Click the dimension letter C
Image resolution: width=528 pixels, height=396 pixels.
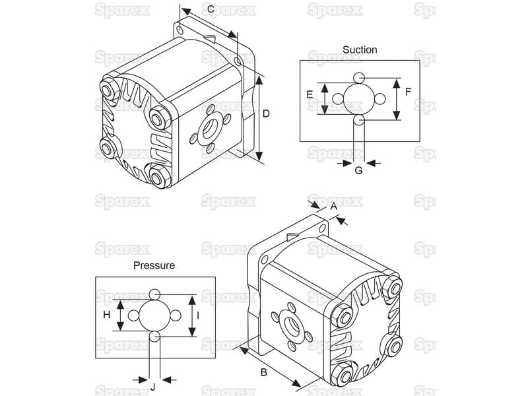point(211,9)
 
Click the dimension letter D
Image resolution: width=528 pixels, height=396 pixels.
point(266,114)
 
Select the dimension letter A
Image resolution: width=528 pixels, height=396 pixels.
point(333,206)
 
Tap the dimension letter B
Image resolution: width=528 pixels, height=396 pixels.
point(264,372)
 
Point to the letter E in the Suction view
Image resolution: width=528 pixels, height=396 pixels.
point(310,94)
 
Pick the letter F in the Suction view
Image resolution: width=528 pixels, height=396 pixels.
point(408,92)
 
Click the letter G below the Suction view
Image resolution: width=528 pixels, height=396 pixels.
point(359,170)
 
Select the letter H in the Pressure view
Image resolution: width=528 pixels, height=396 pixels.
point(107,315)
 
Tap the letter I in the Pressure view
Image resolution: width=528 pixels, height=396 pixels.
point(198,315)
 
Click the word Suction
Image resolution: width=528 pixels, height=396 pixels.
point(360,49)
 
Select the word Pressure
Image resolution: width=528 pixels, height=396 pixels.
point(154,265)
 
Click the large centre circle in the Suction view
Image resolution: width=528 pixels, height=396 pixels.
point(359,98)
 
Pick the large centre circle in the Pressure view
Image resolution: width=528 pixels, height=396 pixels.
point(155,315)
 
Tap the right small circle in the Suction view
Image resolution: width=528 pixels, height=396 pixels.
point(380,99)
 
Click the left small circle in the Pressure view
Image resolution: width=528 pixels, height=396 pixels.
point(134,315)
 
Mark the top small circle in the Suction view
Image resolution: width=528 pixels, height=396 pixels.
point(359,78)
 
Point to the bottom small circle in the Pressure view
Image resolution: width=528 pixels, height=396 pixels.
point(155,337)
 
